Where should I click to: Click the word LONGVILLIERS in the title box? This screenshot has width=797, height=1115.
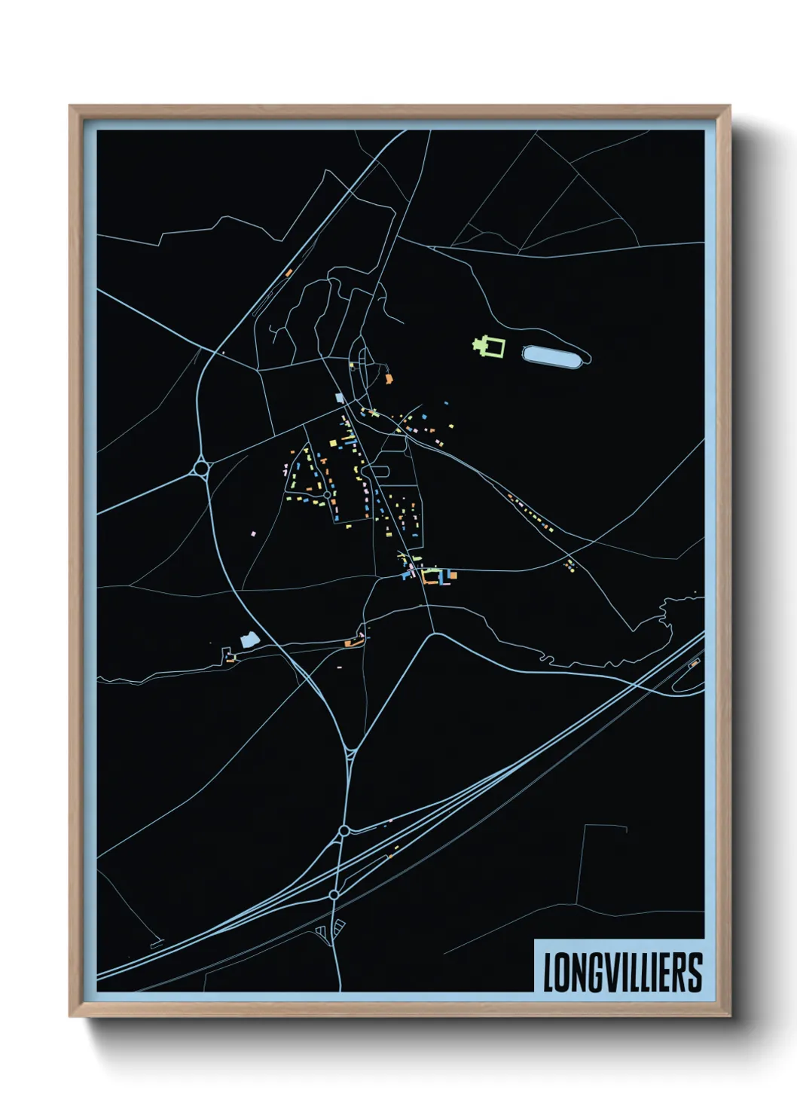pos(622,972)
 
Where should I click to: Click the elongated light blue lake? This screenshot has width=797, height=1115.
pos(556,356)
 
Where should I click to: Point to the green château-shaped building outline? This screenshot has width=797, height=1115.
pos(490,347)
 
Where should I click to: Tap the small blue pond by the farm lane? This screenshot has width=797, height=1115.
pos(249,640)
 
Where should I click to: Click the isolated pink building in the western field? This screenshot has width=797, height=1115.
pos(254,533)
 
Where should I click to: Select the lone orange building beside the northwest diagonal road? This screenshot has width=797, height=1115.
pos(288,272)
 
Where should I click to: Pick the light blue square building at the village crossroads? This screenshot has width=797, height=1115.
pos(339,397)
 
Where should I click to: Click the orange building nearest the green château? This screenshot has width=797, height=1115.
pos(389,378)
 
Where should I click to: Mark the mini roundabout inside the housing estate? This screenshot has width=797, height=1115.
pos(327,494)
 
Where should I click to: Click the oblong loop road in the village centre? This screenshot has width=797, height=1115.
pos(377,471)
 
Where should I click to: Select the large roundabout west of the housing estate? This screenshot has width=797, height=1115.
pos(201,469)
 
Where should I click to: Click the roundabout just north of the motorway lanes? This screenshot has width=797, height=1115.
pos(344,830)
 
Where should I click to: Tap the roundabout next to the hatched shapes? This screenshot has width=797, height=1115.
pos(334,895)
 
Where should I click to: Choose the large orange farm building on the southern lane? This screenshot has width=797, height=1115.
pos(349,643)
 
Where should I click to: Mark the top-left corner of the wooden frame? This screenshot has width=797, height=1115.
pos(70,106)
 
